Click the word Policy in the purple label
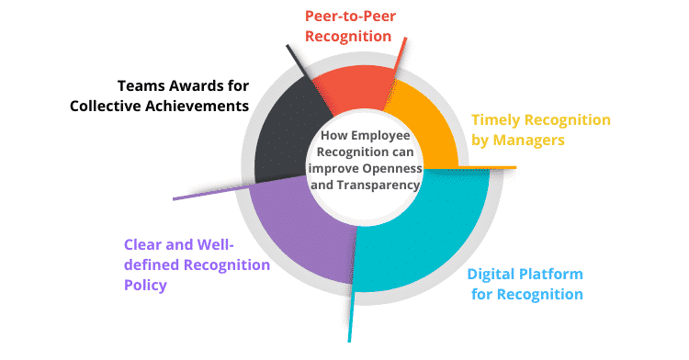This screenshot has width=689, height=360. tap(144, 286)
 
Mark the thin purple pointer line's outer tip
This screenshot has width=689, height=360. tap(175, 197)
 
